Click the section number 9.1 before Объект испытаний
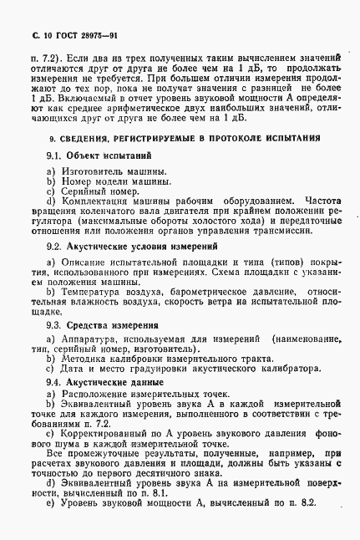[55, 155]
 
